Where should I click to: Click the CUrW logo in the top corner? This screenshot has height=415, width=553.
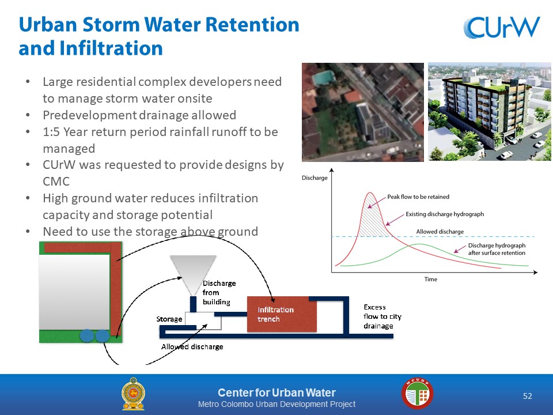502,27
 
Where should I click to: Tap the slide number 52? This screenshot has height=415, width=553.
527,396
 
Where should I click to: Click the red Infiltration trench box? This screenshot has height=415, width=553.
282,314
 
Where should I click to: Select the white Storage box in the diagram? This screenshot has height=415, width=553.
203,320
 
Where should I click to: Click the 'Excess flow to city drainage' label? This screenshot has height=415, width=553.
382,316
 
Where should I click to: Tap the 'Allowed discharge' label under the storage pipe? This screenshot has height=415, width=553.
192,346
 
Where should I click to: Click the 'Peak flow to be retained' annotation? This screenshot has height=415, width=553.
418,197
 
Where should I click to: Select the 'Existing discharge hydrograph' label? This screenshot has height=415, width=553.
445,214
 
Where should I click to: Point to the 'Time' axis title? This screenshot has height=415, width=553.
431,279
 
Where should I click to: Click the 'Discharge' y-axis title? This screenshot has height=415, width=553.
315,178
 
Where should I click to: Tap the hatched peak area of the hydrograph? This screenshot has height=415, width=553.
372,219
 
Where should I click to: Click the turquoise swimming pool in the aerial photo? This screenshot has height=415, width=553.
323,77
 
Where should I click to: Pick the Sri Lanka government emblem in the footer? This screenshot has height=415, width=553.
133,394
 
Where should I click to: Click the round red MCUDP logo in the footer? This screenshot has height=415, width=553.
417,394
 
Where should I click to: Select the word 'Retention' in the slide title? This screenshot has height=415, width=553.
252,25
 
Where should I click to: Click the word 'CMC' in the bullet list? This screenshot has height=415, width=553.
56,182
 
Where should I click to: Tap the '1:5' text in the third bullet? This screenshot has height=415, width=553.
51,131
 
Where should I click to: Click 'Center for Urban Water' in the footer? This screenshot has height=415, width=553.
277,393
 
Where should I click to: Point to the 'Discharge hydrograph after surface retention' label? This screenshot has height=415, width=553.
497,249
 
